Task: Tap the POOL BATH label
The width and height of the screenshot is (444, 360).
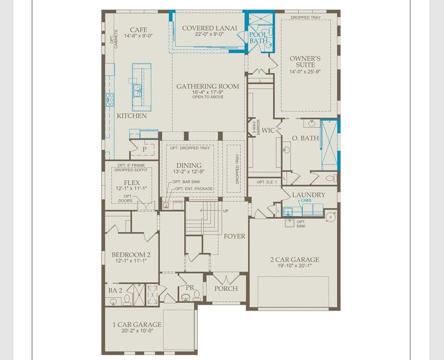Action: click(x=259, y=37)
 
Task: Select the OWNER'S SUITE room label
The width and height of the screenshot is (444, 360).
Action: click(x=305, y=61)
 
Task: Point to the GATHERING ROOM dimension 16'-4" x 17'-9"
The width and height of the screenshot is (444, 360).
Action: click(x=207, y=92)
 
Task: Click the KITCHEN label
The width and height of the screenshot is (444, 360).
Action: click(x=132, y=115)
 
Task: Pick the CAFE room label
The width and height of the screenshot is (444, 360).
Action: click(x=138, y=29)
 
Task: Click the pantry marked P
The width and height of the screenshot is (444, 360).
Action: click(x=144, y=149)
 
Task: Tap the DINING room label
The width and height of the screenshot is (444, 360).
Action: click(x=189, y=165)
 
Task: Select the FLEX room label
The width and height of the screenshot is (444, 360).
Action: click(x=132, y=182)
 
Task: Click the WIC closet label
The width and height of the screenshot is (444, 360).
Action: click(x=269, y=130)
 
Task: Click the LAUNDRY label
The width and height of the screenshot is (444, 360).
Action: click(x=309, y=194)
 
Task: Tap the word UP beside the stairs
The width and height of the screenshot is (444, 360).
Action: click(x=225, y=211)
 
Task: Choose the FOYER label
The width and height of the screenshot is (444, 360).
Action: click(x=234, y=236)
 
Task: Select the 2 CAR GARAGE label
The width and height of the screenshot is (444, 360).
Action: click(x=294, y=259)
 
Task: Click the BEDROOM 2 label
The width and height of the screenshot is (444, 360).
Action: click(x=131, y=254)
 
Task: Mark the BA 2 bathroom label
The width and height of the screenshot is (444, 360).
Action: click(x=115, y=290)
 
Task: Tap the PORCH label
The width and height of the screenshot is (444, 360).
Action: click(x=226, y=288)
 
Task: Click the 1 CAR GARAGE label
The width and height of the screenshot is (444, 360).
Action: click(x=133, y=324)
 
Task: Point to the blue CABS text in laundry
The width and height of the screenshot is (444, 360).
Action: click(x=305, y=201)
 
